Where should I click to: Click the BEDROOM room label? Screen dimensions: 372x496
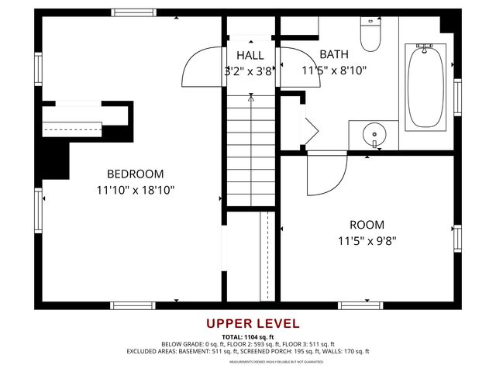click(x=136, y=174)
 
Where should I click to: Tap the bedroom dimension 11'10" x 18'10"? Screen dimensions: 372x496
click(x=136, y=189)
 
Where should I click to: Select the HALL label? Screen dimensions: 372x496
click(x=250, y=55)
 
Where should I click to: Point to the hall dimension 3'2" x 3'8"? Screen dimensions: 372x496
click(x=249, y=71)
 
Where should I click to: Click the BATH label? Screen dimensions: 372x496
click(x=334, y=55)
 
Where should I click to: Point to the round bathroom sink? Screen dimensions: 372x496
click(x=374, y=134)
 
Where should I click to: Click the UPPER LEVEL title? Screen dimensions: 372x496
click(x=253, y=324)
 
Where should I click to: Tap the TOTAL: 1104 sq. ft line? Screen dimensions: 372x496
click(x=253, y=337)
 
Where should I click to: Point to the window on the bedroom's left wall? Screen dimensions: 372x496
click(x=38, y=211)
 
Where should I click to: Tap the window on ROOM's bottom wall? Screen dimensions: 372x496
click(x=360, y=305)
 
